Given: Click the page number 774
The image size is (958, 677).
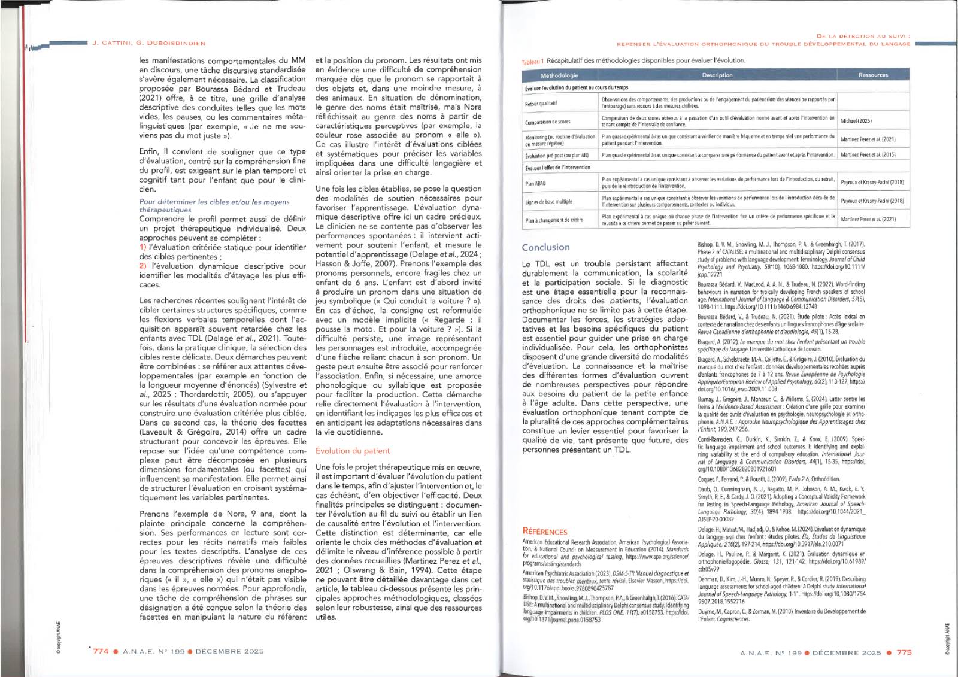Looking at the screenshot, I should pos(101,651).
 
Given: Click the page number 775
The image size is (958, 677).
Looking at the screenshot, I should pos(904,652).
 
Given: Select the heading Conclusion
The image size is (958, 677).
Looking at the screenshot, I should pos(545,247).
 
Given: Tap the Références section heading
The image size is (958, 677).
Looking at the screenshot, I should pos(544,532).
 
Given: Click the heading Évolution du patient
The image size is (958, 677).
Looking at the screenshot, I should pos(352,451).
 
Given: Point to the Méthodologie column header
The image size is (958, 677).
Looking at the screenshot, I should pos(559,75).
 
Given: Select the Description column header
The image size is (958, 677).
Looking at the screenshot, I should pos(717,75).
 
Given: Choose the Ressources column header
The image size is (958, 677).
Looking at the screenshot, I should pos(873,75).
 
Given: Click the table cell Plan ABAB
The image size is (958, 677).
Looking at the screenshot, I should pos(535,184).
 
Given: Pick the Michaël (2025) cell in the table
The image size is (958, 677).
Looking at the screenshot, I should pos(856,121).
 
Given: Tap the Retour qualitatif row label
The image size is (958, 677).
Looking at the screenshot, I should pos(541,103).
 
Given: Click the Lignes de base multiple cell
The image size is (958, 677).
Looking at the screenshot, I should pos(548,202).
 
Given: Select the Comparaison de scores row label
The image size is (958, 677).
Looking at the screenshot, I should pos(547,122).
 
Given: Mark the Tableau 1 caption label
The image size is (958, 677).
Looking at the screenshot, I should pos(532,62).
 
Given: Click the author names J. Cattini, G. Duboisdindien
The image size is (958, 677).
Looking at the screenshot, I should pos(148,43).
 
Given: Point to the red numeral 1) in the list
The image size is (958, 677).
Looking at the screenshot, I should pos(143,247).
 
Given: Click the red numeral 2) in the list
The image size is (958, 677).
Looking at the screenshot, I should pos(143,266).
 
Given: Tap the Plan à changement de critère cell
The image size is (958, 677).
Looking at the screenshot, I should pos(553,220).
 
